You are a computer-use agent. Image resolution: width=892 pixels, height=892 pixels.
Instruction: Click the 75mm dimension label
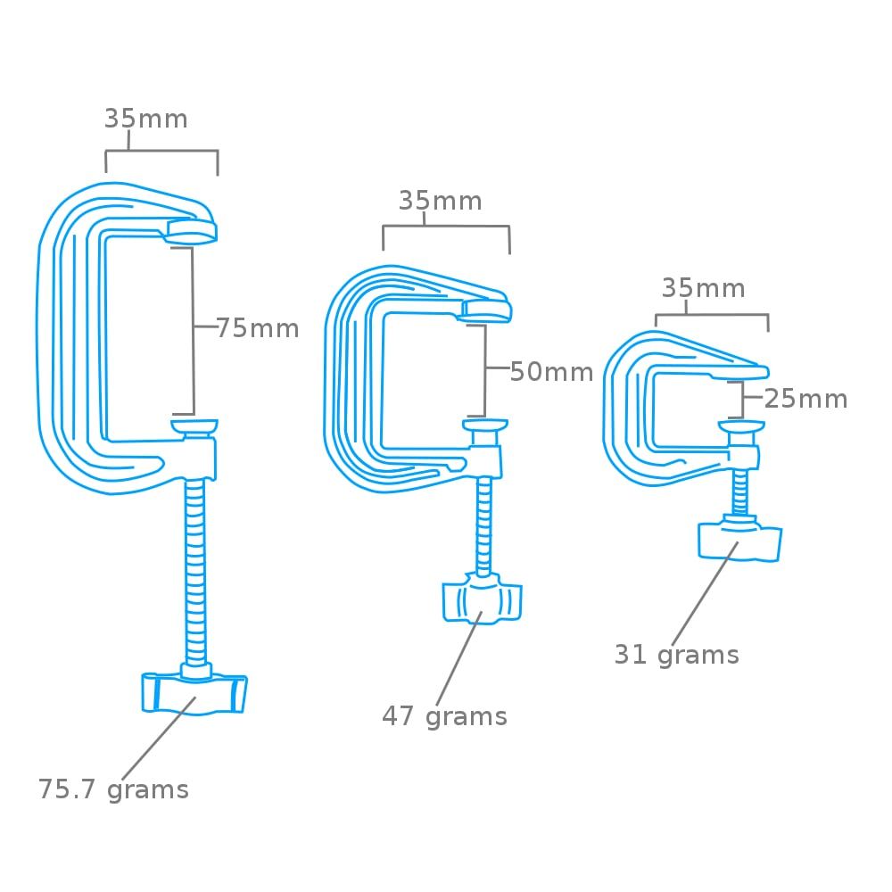click(258, 328)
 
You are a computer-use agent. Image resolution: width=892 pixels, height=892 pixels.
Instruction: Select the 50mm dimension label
click(551, 372)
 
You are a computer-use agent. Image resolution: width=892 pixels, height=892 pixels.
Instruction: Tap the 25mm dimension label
click(806, 399)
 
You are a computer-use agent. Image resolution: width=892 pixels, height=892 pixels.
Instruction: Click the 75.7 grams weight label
click(113, 789)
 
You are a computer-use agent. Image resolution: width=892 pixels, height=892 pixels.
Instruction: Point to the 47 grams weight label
click(444, 716)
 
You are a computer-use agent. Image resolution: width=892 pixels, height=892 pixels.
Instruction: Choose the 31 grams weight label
click(676, 655)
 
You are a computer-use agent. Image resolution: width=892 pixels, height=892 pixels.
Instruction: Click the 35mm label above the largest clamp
click(146, 119)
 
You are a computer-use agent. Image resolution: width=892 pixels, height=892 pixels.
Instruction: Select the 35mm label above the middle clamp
click(440, 201)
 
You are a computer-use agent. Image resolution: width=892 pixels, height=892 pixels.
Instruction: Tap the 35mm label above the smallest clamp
click(703, 288)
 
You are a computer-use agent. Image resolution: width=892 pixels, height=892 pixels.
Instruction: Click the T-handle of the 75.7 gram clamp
click(194, 693)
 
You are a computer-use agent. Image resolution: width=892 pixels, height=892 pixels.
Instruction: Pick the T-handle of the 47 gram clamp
click(482, 601)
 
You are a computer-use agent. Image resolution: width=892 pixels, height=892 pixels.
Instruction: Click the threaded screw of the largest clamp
click(195, 571)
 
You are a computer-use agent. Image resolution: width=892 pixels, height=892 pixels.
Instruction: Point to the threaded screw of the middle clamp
click(483, 526)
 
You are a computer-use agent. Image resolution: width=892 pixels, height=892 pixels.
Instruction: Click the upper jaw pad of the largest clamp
click(192, 233)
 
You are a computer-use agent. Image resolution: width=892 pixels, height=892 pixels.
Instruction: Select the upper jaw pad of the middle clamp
click(487, 310)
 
